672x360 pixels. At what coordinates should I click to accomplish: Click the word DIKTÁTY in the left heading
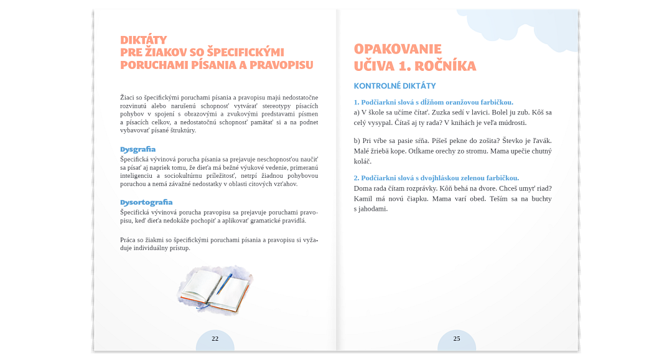click(143, 40)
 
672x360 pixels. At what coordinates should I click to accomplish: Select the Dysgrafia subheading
click(138, 149)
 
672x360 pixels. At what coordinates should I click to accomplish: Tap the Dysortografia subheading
click(146, 202)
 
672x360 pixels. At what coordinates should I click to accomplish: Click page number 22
click(215, 339)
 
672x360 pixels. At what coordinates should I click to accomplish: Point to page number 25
click(457, 339)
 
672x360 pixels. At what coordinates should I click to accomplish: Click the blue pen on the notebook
click(224, 284)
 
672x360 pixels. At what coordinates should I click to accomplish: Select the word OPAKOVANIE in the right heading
click(398, 49)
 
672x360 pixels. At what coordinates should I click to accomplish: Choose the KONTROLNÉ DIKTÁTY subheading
click(394, 86)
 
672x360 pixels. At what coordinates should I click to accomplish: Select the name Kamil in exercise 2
click(364, 198)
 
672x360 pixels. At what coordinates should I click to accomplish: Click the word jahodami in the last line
click(373, 209)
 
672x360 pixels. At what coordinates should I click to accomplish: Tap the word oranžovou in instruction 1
click(458, 102)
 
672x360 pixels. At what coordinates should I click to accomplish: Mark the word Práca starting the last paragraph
click(129, 239)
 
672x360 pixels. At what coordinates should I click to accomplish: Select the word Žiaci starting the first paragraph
click(128, 97)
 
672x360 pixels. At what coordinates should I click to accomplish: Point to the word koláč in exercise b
click(362, 162)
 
